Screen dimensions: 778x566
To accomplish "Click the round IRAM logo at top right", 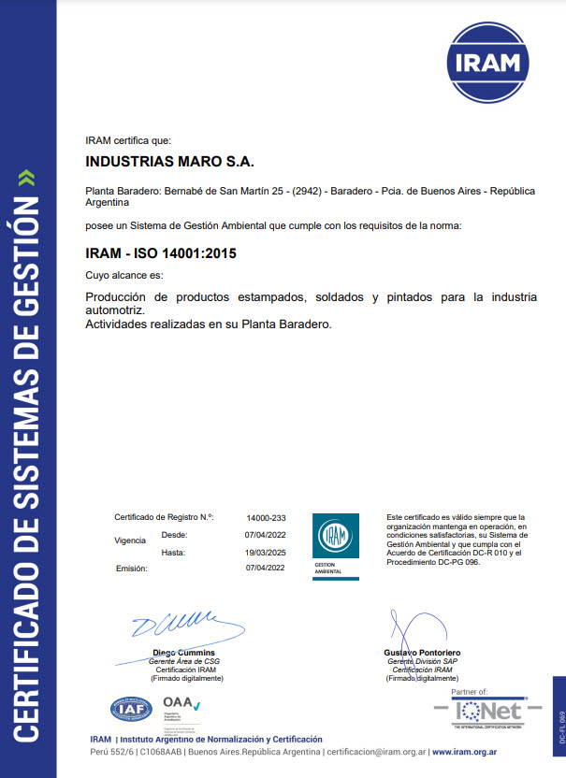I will click(x=486, y=63).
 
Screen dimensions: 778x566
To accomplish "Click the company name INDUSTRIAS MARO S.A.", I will click(x=169, y=162).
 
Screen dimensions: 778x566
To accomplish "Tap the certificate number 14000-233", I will click(x=266, y=517).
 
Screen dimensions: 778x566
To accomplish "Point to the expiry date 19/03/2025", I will click(x=266, y=552).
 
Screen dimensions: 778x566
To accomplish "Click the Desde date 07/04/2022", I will click(x=266, y=535).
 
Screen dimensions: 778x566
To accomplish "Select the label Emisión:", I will click(x=132, y=568).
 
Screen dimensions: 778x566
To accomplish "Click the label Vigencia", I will click(x=129, y=540).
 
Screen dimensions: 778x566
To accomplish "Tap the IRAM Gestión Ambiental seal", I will click(x=334, y=544).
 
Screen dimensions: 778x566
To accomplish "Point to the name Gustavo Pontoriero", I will click(x=422, y=652).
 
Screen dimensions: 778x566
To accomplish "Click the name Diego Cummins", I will click(x=184, y=652).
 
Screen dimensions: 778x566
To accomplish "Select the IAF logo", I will click(x=132, y=709).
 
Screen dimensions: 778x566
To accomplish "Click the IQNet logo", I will click(x=490, y=712).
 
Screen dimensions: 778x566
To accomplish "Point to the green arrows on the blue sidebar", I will click(x=27, y=177).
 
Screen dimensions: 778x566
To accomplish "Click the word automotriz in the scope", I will click(x=114, y=310).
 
